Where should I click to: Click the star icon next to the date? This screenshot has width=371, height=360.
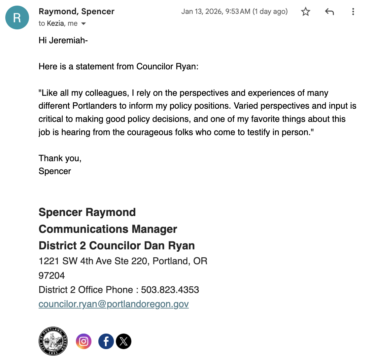pyautogui.click(x=306, y=12)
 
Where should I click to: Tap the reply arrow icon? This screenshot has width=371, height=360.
pyautogui.click(x=329, y=12)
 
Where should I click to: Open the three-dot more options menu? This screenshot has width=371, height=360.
pyautogui.click(x=353, y=12)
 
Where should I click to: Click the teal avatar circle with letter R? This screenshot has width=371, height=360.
pyautogui.click(x=17, y=18)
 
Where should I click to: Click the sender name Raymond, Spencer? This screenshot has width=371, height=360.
pyautogui.click(x=76, y=11)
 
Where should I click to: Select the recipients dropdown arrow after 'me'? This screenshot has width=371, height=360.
pyautogui.click(x=84, y=24)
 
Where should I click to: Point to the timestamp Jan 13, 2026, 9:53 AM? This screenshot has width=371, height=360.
pyautogui.click(x=216, y=12)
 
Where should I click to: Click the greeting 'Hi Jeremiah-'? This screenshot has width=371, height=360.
pyautogui.click(x=63, y=40)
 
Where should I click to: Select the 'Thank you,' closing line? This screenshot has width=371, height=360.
pyautogui.click(x=60, y=158)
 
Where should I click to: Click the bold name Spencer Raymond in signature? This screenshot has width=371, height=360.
pyautogui.click(x=87, y=212)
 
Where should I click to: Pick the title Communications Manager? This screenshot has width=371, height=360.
pyautogui.click(x=108, y=229)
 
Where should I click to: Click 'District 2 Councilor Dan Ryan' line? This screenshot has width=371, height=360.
pyautogui.click(x=117, y=246)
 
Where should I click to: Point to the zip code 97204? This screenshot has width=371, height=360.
pyautogui.click(x=52, y=275)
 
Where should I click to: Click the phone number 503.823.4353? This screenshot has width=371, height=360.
pyautogui.click(x=170, y=290)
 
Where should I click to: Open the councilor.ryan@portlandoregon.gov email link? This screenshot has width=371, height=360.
pyautogui.click(x=114, y=304)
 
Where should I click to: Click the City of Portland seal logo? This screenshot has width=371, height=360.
pyautogui.click(x=53, y=341)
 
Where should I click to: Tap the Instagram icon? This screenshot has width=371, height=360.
pyautogui.click(x=84, y=342)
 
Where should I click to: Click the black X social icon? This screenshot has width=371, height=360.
pyautogui.click(x=124, y=342)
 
